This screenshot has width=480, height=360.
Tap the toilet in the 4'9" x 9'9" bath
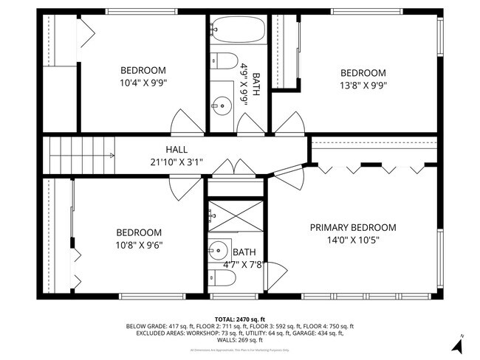(x=224, y=60)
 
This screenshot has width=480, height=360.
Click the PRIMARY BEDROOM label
(x=352, y=227)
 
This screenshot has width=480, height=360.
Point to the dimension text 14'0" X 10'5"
(x=352, y=240)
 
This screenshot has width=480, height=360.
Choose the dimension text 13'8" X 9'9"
(x=363, y=85)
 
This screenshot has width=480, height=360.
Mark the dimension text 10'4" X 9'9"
(x=143, y=83)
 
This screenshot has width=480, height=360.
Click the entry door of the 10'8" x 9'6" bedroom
(x=182, y=190)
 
